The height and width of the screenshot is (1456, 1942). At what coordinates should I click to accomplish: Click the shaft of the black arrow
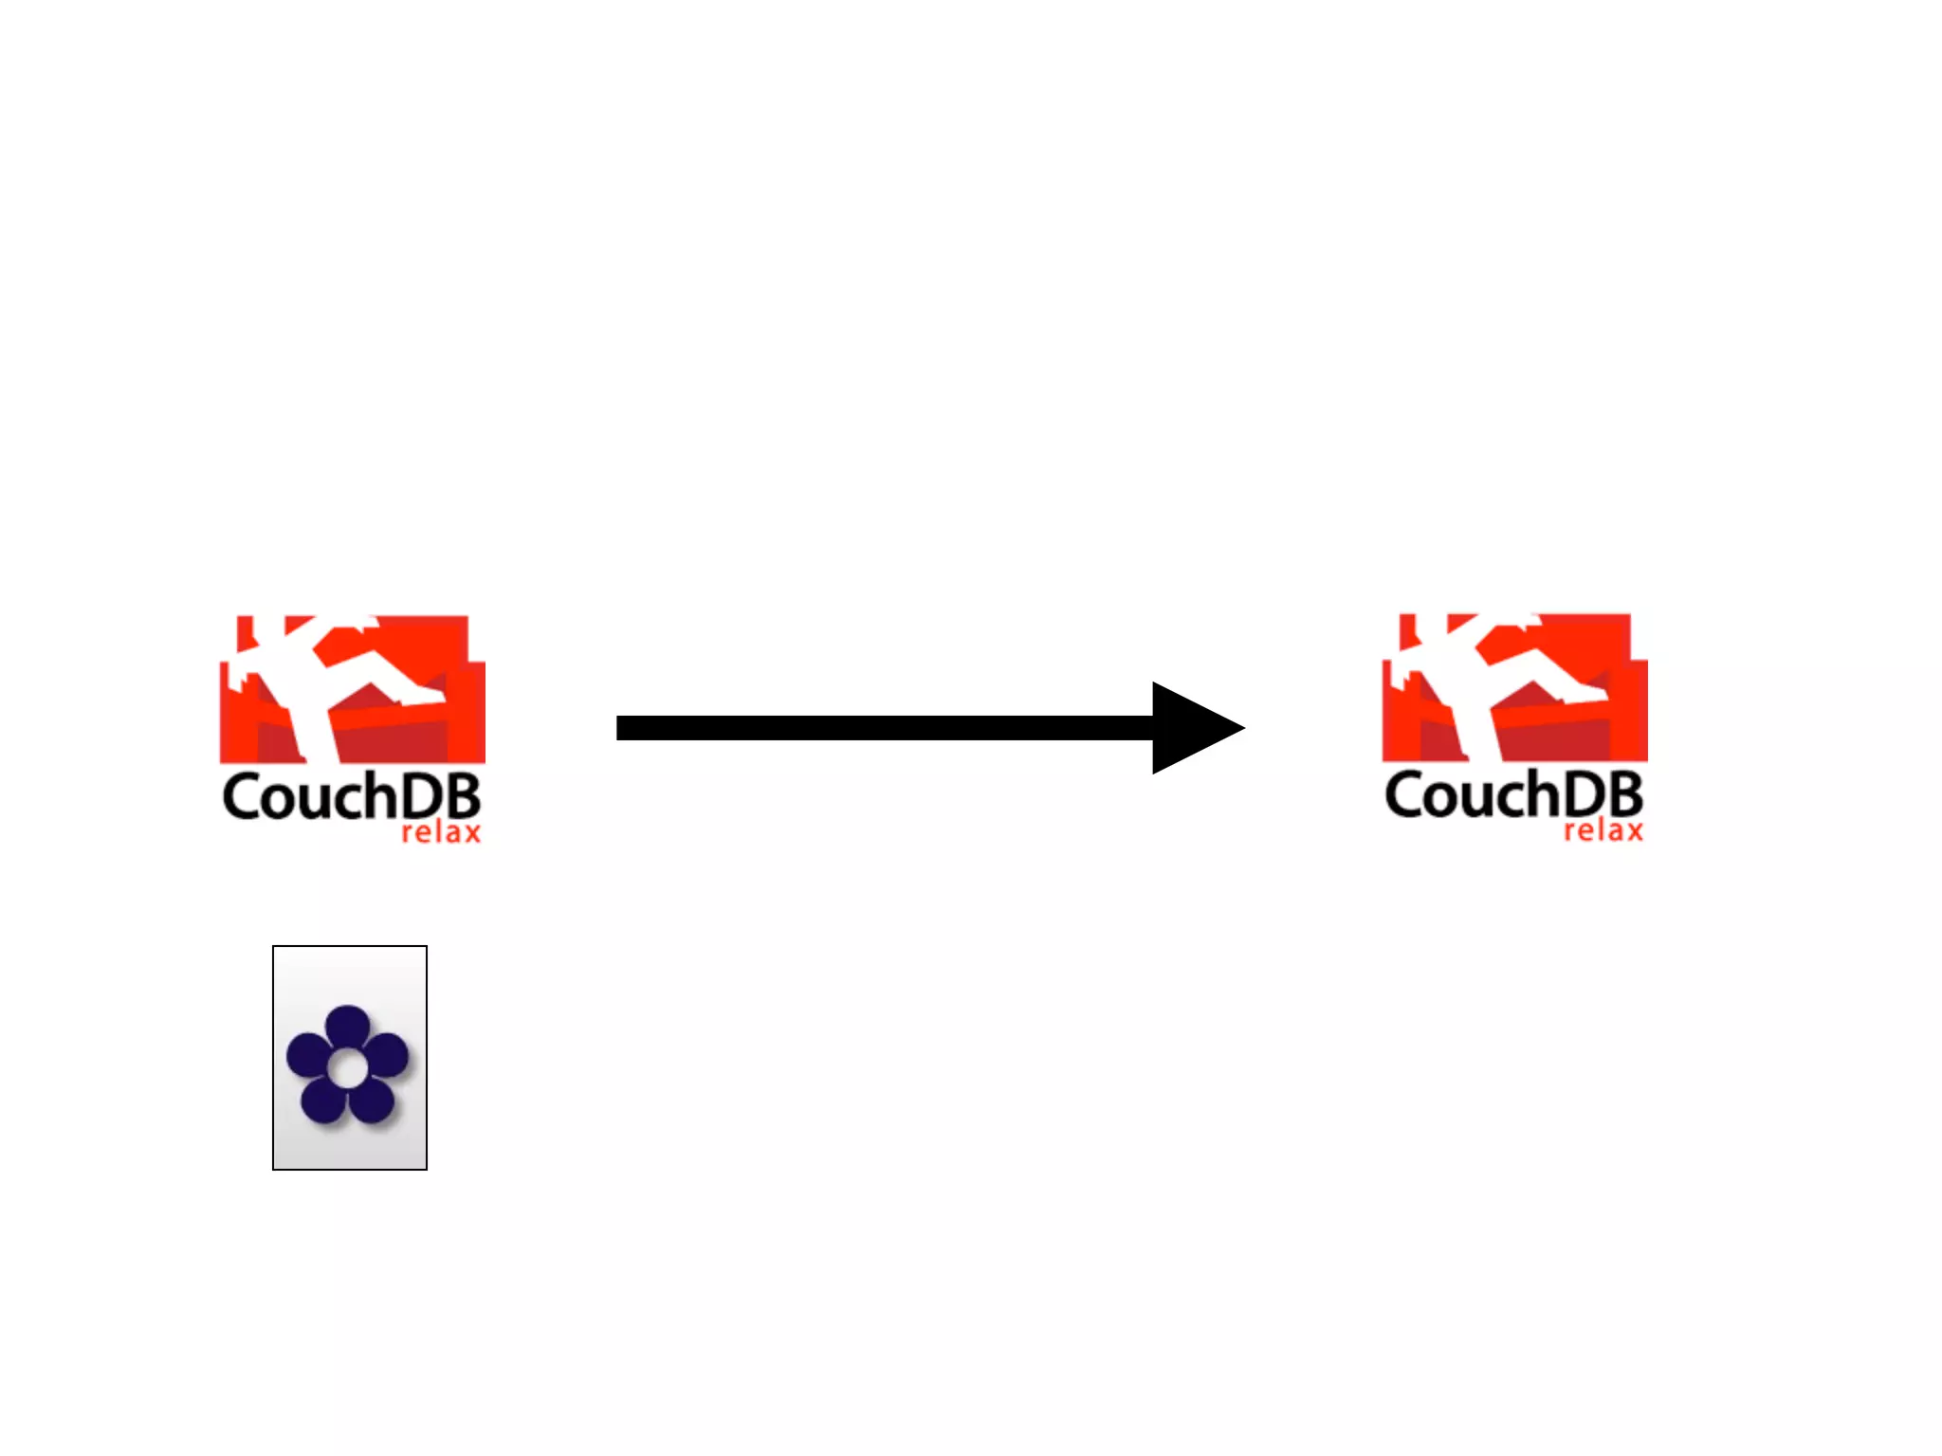(882, 728)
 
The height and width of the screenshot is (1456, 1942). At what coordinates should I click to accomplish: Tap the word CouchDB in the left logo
(351, 797)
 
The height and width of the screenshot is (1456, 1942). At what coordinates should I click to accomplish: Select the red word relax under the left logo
(441, 833)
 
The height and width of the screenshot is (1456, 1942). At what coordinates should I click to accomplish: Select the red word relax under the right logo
(1603, 831)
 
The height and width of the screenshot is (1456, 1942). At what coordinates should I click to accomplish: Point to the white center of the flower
(347, 1069)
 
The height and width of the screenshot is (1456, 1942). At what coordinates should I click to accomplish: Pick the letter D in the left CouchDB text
(423, 797)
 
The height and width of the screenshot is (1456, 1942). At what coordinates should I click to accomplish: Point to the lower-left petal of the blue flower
(321, 1100)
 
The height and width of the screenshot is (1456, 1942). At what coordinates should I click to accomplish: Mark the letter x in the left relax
(470, 834)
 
